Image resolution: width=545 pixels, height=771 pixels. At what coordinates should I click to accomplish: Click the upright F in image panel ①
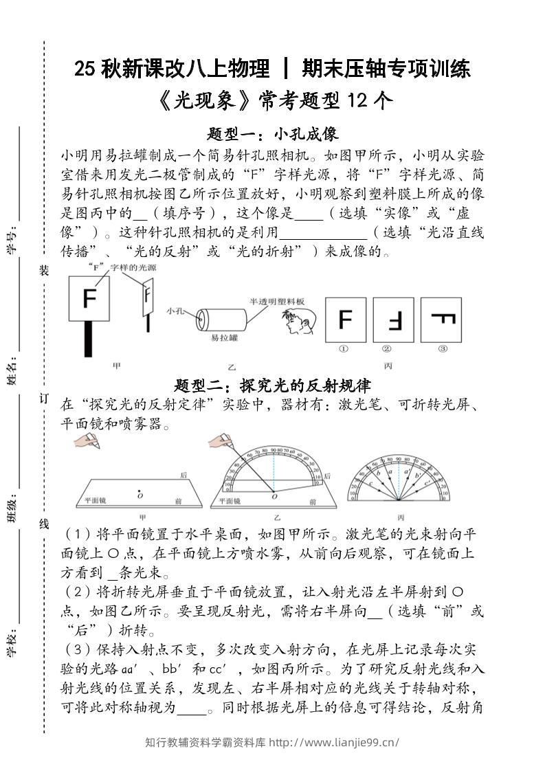[346, 320]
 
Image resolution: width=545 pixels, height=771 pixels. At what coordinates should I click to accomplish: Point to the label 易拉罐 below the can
[224, 338]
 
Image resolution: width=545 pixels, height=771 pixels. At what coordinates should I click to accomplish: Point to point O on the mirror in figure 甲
[140, 492]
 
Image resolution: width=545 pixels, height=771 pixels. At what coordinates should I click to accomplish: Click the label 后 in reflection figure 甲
[183, 474]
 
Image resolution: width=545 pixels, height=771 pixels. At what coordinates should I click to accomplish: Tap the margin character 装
[44, 271]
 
